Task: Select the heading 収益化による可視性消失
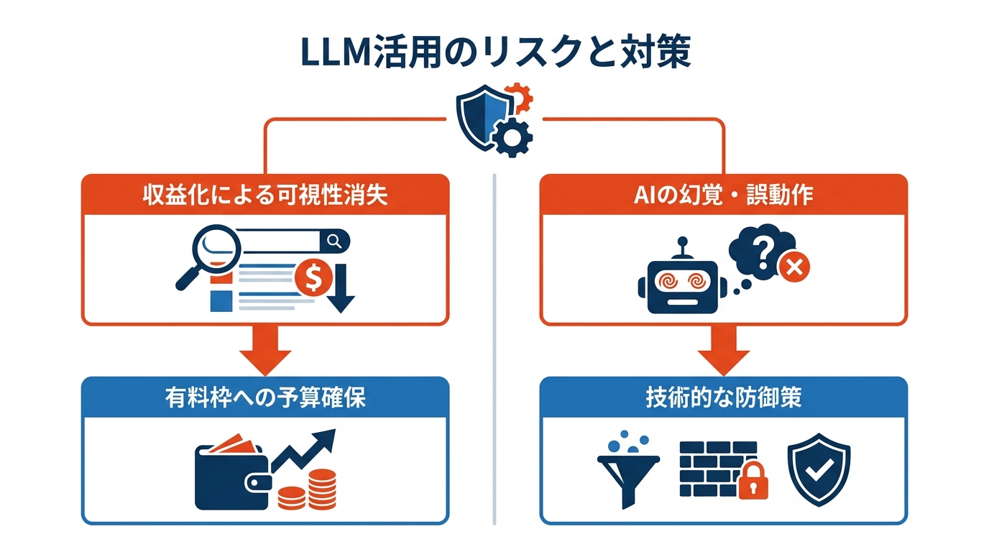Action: click(264, 195)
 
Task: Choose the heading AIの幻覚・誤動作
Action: click(723, 195)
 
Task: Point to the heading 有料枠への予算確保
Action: click(264, 397)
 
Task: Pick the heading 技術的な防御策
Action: click(723, 397)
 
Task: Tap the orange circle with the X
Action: click(794, 269)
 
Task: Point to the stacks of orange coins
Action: click(309, 489)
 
